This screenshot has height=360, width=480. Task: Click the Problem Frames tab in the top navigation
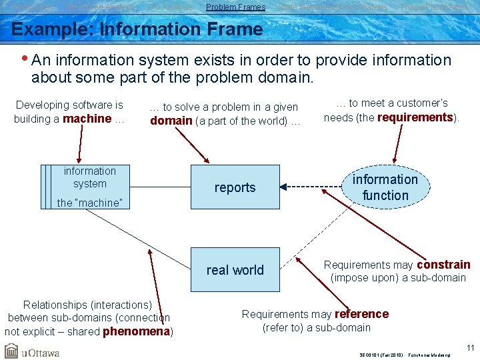pyautogui.click(x=235, y=7)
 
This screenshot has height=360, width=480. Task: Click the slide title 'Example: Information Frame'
pyautogui.click(x=137, y=29)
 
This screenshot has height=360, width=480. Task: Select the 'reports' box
pyautogui.click(x=235, y=187)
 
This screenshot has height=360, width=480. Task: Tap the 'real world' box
pyautogui.click(x=235, y=270)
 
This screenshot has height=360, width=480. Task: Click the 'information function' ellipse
pyautogui.click(x=385, y=187)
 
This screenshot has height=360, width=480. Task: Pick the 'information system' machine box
pyautogui.click(x=89, y=178)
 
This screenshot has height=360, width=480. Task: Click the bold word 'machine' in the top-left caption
pyautogui.click(x=87, y=119)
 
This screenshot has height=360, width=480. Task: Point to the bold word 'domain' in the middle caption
pyautogui.click(x=171, y=121)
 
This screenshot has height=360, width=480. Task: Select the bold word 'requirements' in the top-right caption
pyautogui.click(x=415, y=118)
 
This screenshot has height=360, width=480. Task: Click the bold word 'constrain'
pyautogui.click(x=443, y=265)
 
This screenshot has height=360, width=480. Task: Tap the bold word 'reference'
pyautogui.click(x=361, y=314)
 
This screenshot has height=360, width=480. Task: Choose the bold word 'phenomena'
pyautogui.click(x=136, y=331)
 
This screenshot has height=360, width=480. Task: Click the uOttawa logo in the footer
pyautogui.click(x=32, y=351)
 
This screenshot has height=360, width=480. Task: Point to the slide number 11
pyautogui.click(x=470, y=347)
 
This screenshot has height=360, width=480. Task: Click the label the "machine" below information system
pyautogui.click(x=89, y=203)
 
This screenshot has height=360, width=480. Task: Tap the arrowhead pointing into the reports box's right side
pyautogui.click(x=283, y=187)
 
